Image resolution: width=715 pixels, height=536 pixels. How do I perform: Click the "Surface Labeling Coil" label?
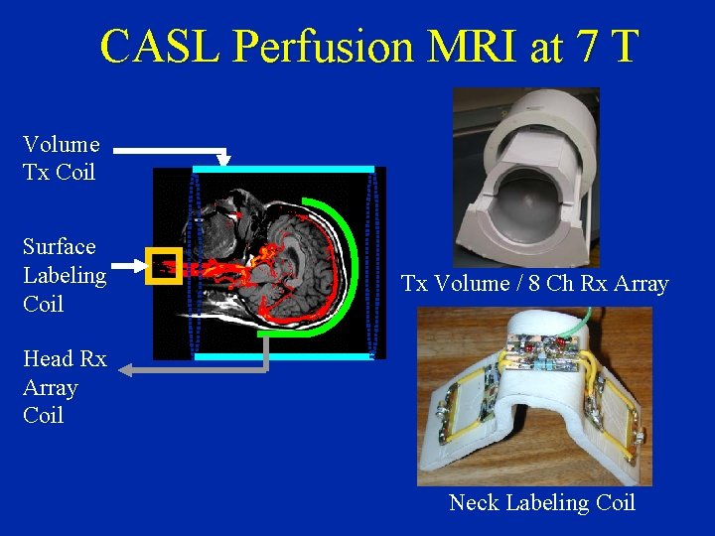[65, 275]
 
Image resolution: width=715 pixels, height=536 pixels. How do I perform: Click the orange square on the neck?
[164, 266]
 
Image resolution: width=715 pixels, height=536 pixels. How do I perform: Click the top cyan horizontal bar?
[284, 170]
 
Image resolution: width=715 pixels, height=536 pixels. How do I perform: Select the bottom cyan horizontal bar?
[284, 354]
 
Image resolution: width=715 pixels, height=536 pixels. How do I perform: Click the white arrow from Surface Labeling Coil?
[129, 266]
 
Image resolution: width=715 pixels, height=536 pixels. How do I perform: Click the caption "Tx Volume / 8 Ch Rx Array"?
[535, 284]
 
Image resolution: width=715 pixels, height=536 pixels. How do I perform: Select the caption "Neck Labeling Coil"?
[542, 502]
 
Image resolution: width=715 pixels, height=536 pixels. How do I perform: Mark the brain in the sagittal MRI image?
[298, 248]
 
